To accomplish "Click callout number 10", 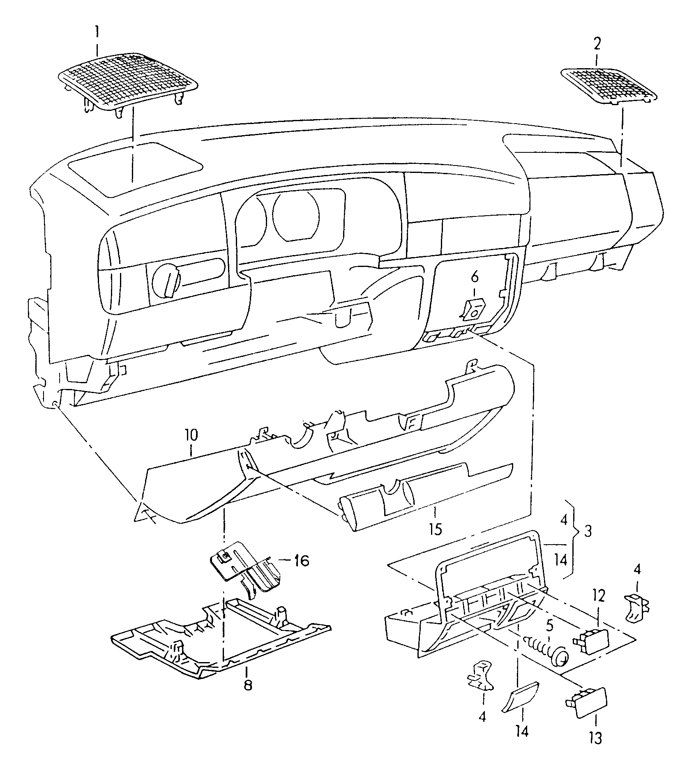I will [x=191, y=435].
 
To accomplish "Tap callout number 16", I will [x=302, y=561].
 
